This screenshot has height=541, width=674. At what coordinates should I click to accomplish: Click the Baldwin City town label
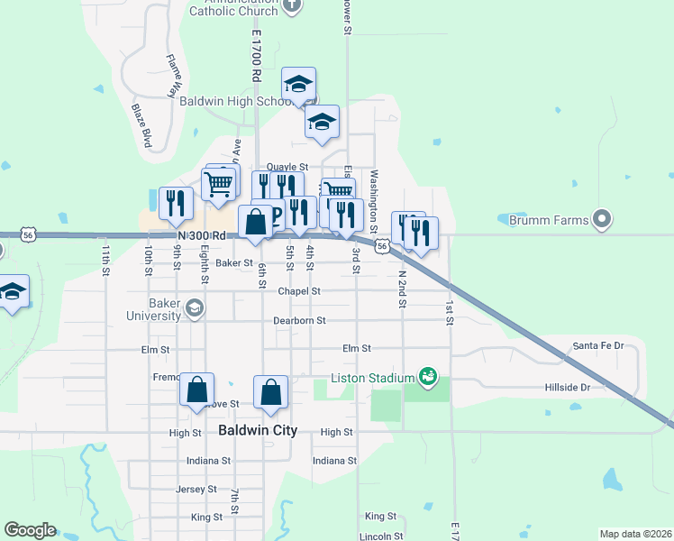tap(258, 431)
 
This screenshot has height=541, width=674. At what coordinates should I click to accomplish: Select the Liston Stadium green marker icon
tap(428, 376)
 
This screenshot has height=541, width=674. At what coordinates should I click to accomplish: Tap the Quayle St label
tap(287, 168)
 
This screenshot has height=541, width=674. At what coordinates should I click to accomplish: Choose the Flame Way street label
tap(172, 76)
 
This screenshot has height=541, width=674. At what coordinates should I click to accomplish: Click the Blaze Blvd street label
tap(141, 125)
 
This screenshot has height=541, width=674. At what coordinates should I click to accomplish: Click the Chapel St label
tap(299, 291)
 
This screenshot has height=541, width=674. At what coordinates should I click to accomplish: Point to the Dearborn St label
tap(299, 320)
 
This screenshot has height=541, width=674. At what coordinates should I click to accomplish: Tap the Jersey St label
tap(196, 489)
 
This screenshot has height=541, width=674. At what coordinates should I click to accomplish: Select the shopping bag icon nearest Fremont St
tap(197, 390)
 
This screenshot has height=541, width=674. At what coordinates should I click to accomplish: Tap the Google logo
tap(30, 530)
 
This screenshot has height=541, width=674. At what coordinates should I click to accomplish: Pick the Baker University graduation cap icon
tap(193, 310)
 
